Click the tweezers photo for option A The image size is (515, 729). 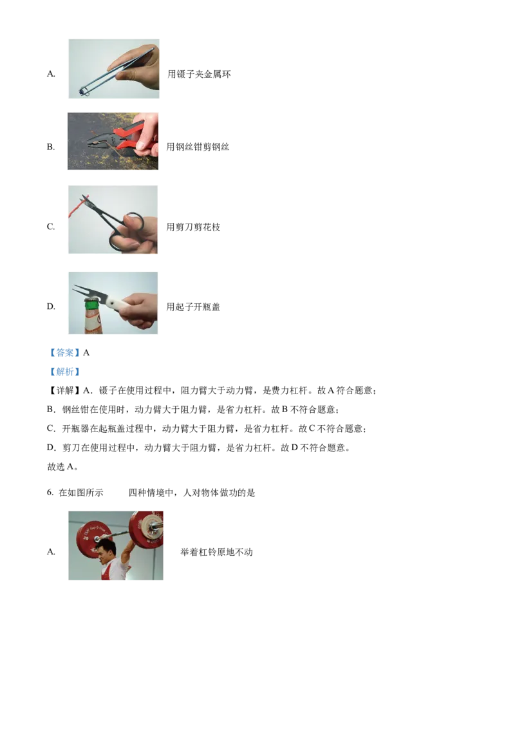click(114, 69)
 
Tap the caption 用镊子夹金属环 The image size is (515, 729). click(199, 74)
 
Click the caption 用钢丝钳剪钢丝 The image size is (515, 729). click(198, 147)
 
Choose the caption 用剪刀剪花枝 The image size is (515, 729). click(193, 227)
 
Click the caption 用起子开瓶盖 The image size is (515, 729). click(193, 307)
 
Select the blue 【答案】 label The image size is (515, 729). click(64, 353)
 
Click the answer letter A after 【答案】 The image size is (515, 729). click(86, 353)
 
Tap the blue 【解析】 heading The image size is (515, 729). click(64, 372)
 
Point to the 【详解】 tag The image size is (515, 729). click(64, 390)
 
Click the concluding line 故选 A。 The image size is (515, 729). click(62, 467)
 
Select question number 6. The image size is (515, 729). click(50, 493)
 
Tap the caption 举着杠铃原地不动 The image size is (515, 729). click(216, 553)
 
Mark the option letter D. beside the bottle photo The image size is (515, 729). click(51, 307)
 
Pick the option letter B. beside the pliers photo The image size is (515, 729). click(51, 147)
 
